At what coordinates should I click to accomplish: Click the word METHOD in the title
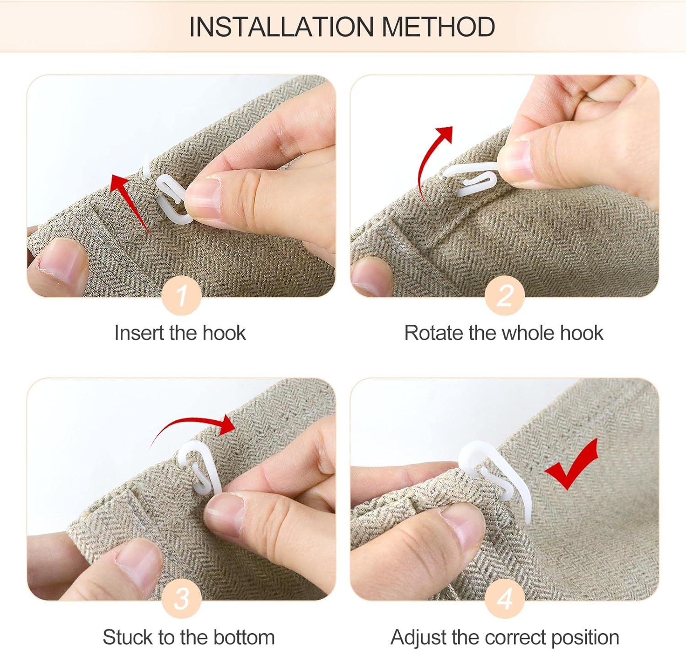439,27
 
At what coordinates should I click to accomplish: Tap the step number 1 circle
181,295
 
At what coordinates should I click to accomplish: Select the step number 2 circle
504,295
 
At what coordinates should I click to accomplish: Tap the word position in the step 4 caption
585,638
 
